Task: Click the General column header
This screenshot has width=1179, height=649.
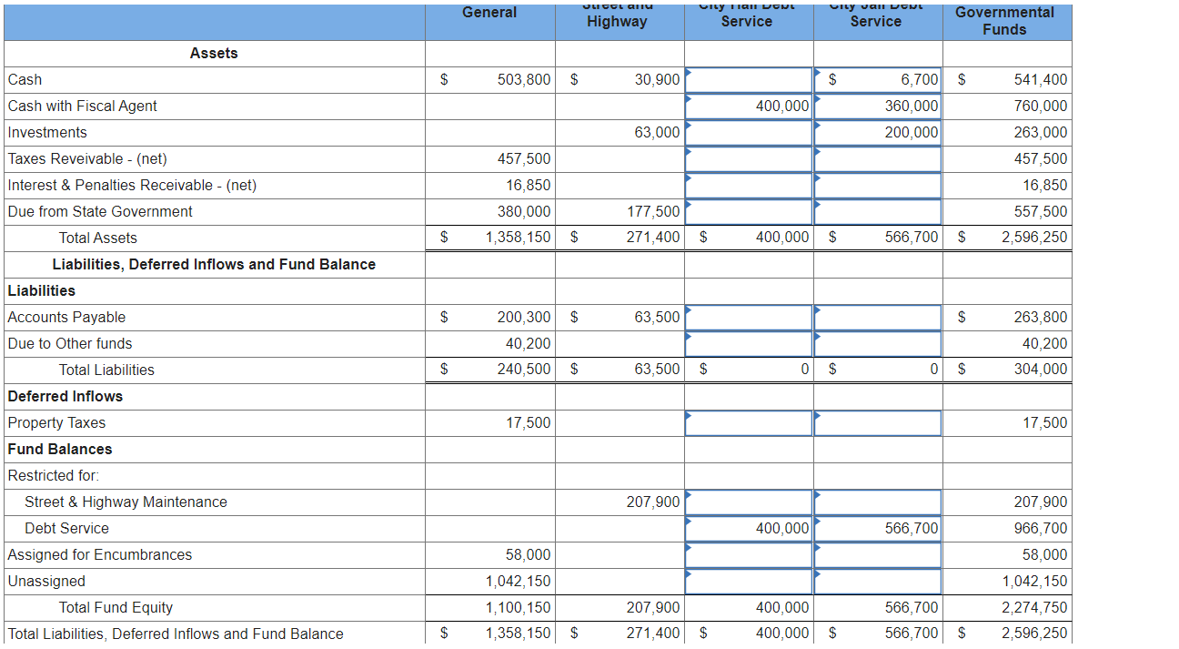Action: [x=489, y=13]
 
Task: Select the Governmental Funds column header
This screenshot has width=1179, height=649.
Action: [x=1004, y=21]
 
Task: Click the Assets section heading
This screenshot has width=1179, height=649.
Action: [x=214, y=54]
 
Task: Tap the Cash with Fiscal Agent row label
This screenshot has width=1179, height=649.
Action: [x=83, y=106]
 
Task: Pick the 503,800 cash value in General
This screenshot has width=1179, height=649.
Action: [x=524, y=80]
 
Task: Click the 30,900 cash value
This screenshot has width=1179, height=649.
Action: [x=657, y=80]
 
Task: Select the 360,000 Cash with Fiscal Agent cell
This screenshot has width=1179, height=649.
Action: [x=912, y=106]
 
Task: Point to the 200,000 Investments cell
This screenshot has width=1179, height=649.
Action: [x=912, y=133]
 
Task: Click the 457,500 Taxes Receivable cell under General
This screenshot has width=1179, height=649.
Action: [x=524, y=159]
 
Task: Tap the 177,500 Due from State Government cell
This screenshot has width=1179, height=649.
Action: [x=653, y=212]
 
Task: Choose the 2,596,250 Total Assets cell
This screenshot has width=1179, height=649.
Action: [x=1034, y=238]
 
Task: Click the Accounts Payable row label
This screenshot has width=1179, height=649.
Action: [x=67, y=318]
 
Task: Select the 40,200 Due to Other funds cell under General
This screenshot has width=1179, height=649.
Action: [x=528, y=344]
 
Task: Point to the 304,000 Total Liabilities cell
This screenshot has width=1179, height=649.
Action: [x=1041, y=370]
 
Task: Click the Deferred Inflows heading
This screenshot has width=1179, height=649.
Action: [x=65, y=397]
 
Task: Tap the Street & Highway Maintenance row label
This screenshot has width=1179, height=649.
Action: [x=126, y=502]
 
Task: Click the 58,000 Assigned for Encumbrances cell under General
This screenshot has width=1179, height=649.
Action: [x=528, y=555]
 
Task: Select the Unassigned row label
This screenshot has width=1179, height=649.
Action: [x=46, y=582]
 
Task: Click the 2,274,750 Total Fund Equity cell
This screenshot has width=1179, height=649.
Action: [x=1034, y=608]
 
